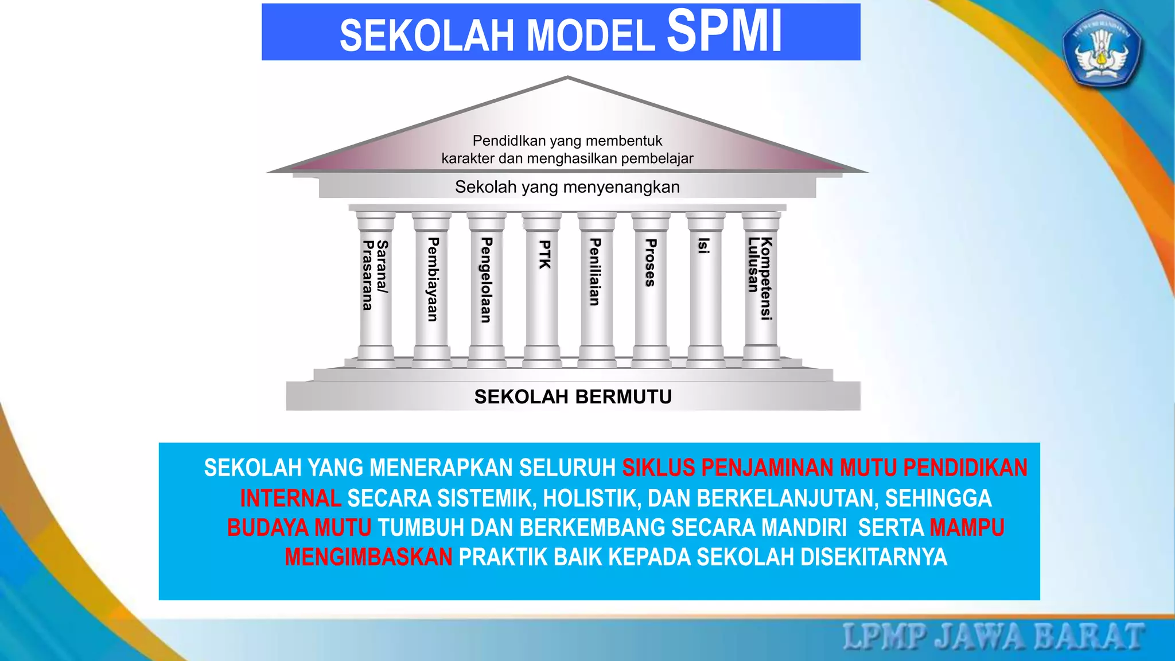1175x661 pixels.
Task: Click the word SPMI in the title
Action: (x=724, y=32)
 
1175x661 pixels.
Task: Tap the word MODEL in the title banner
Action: (x=590, y=36)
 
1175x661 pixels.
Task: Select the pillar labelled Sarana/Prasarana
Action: (x=375, y=275)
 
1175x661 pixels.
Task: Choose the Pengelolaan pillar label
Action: (x=486, y=280)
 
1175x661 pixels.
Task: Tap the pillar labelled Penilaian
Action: (x=596, y=272)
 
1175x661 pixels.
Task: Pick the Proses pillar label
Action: (x=650, y=263)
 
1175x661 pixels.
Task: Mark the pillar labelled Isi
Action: (x=704, y=246)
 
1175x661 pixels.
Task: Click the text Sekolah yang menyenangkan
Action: (x=567, y=187)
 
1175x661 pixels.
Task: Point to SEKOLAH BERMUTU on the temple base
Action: (x=573, y=396)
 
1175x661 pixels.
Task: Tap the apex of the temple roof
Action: (x=567, y=78)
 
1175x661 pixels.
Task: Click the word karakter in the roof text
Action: (x=468, y=158)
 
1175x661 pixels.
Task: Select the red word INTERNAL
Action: (x=290, y=498)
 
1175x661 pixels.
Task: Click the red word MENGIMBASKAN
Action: (x=368, y=557)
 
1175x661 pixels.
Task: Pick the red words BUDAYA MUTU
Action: (x=299, y=527)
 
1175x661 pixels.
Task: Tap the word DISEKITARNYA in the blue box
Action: (x=873, y=557)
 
